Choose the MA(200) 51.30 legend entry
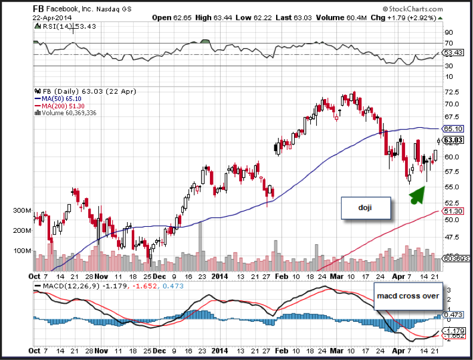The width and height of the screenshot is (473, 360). tap(60, 105)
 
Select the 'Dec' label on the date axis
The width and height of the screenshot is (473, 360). tap(159, 277)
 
